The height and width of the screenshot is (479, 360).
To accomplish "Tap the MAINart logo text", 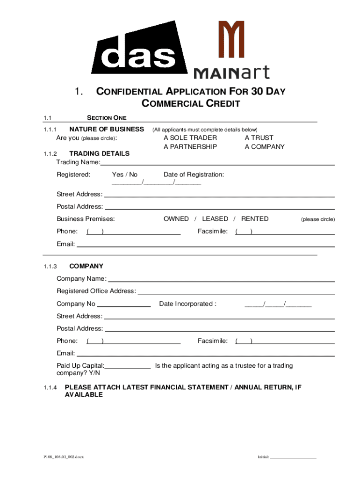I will (231, 73).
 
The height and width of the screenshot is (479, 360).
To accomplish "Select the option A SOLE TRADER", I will (190, 138).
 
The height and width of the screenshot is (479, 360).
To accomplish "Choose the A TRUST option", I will (259, 138).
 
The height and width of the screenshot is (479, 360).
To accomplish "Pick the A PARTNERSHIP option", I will (190, 146).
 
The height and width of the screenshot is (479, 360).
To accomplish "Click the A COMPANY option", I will (265, 146).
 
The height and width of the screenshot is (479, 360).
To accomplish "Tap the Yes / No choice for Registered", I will (125, 174).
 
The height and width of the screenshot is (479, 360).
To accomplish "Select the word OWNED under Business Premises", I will (176, 218).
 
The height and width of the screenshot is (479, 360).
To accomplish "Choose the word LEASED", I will (215, 218).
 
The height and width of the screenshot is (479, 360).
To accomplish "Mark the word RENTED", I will (255, 218).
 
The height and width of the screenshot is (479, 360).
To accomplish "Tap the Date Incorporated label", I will (187, 304).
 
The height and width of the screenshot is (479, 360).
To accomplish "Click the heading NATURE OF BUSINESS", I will (107, 129).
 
